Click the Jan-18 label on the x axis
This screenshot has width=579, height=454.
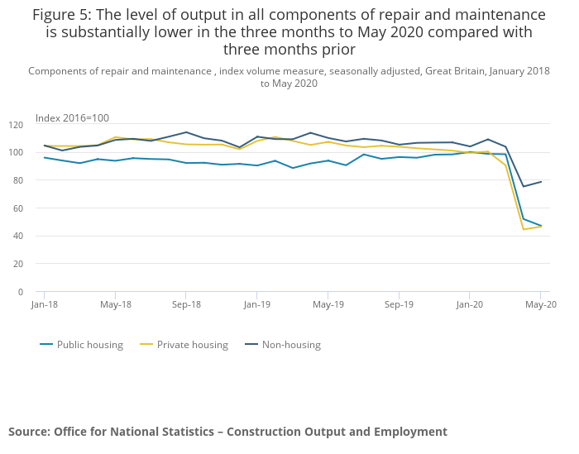44,304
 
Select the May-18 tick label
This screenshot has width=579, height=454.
115,304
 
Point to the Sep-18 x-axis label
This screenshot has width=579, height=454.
186,304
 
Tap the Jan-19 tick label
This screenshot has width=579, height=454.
256,304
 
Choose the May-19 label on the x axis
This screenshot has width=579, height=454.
328,304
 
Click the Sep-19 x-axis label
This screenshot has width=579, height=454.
399,304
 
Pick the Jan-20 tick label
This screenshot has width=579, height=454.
470,304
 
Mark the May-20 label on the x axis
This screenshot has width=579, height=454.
541,304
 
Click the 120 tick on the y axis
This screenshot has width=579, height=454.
16,125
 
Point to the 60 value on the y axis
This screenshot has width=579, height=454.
18,208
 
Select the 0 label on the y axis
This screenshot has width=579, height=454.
21,292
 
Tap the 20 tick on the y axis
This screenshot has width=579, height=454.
18,264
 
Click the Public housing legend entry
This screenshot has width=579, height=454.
89,345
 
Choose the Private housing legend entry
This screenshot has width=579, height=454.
192,345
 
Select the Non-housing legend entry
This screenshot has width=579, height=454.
290,345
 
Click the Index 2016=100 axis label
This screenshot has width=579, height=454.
72,118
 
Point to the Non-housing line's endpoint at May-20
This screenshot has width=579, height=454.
541,182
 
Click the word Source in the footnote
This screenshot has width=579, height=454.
29,432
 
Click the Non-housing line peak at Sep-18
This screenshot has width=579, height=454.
186,132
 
